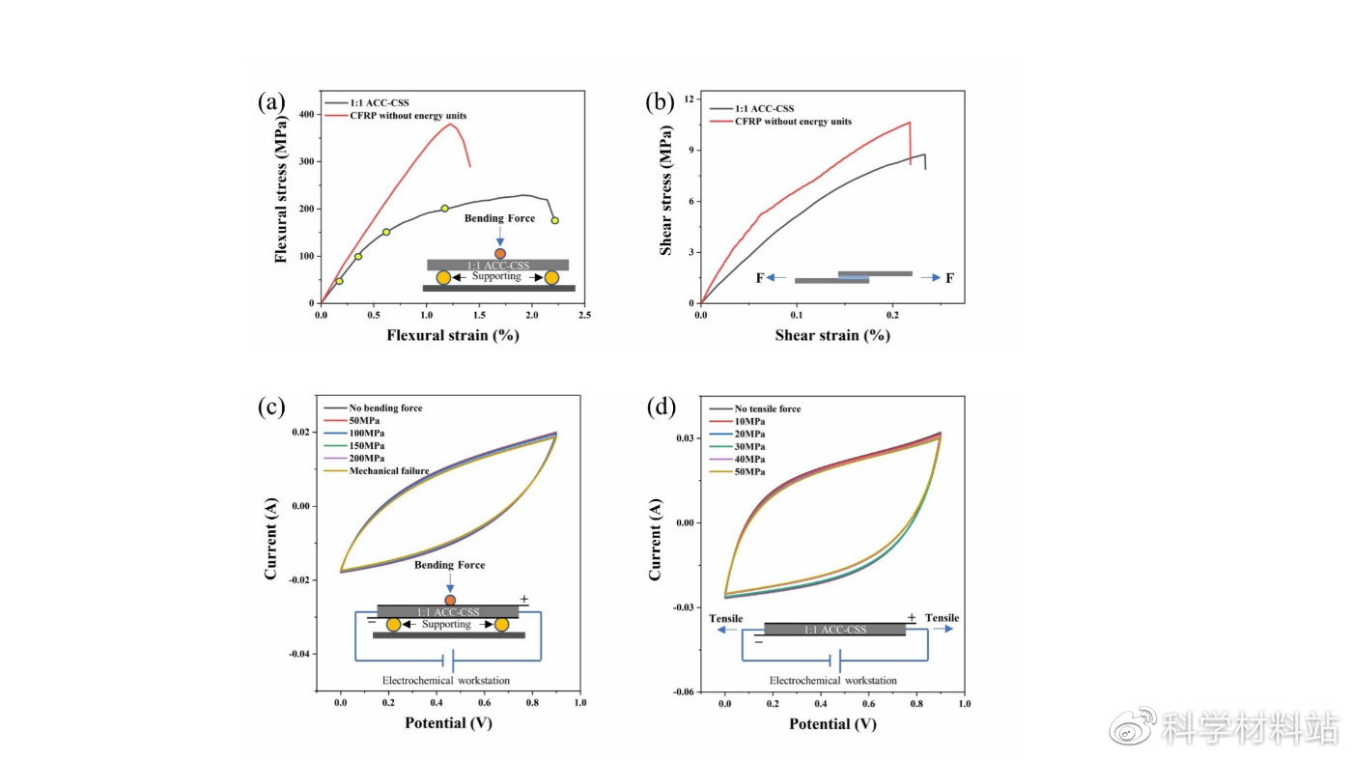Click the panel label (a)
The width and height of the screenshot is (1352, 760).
[270, 101]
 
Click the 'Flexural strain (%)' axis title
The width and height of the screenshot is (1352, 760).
[453, 336]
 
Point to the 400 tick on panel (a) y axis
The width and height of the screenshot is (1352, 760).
[307, 115]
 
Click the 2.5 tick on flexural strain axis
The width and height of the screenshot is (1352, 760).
[584, 315]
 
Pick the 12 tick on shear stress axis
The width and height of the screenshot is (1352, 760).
[690, 99]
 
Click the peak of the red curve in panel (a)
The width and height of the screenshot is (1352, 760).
[450, 124]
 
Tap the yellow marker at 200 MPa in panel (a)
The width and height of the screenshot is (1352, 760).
[445, 209]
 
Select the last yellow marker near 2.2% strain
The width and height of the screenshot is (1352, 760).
[554, 220]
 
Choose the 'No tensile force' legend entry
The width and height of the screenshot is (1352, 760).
[768, 408]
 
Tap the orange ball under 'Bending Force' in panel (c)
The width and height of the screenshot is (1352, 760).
[450, 600]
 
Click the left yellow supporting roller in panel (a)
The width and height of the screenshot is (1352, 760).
[443, 278]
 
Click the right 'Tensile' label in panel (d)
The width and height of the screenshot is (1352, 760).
[943, 618]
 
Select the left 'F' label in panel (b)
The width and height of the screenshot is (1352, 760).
[759, 278]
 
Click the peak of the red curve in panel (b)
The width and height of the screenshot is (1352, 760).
[909, 122]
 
